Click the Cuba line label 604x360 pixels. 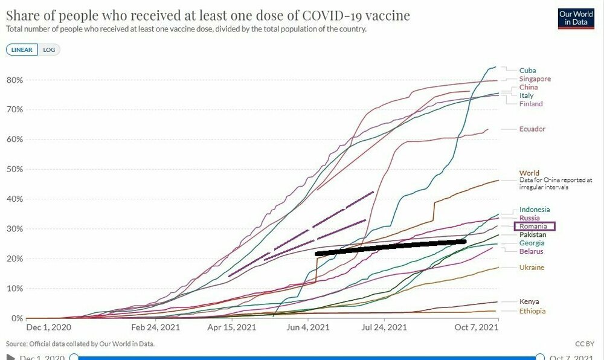coord(527,71)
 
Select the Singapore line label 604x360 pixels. coord(535,79)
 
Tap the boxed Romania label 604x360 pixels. coord(533,227)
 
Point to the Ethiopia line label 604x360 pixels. coord(532,311)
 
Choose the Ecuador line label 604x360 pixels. coord(532,129)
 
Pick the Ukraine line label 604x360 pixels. coord(532,268)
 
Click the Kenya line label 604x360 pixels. coord(529,301)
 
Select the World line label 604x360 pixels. coord(529,173)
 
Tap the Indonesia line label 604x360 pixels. coord(535,210)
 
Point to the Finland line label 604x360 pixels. coord(531,104)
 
